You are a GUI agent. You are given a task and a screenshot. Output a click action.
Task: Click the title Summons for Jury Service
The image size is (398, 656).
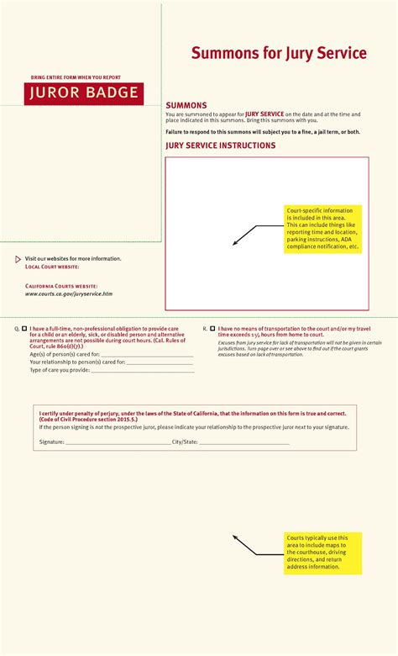click(279, 54)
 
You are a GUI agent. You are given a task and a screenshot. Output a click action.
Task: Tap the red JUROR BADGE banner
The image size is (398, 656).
click(83, 93)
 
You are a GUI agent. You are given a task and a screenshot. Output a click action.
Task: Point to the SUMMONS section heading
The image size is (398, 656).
click(186, 105)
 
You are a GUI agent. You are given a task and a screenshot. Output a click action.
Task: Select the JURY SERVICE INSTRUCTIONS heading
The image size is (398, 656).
click(220, 145)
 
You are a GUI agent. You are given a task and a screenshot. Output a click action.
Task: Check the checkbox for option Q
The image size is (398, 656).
click(24, 329)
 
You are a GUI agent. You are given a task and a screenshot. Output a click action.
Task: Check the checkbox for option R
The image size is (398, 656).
click(212, 329)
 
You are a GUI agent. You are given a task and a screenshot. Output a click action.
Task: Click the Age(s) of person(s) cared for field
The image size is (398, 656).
click(147, 356)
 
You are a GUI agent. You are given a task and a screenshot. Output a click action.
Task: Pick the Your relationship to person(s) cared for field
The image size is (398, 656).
click(160, 363)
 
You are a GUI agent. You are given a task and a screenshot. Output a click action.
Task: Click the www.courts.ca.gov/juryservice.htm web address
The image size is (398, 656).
click(68, 294)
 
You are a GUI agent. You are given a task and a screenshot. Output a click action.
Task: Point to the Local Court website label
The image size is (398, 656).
click(52, 267)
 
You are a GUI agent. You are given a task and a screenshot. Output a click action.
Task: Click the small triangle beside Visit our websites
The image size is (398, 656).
click(18, 259)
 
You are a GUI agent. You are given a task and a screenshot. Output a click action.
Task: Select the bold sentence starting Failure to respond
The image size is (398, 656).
click(263, 132)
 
